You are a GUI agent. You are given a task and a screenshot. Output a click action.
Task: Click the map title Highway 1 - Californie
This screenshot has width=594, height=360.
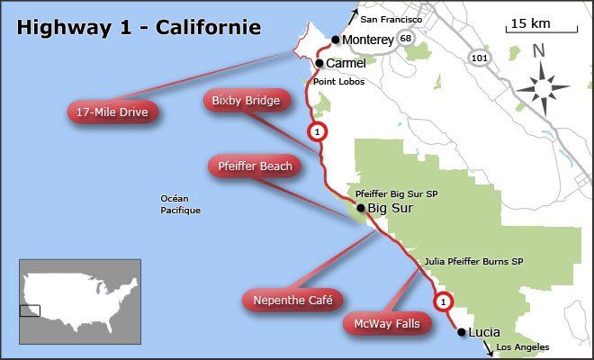(139, 28)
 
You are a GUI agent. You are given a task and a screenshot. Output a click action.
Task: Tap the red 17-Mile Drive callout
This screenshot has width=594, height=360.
(112, 112)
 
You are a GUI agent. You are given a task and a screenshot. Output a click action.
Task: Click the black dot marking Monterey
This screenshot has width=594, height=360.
(335, 40)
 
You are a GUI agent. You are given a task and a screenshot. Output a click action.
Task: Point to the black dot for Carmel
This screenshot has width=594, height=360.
(319, 63)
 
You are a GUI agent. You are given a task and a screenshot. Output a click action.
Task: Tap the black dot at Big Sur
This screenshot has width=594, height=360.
(361, 208)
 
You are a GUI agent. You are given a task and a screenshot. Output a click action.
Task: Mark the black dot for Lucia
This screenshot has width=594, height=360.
(462, 332)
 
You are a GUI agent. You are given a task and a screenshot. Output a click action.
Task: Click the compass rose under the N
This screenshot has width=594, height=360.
(543, 88)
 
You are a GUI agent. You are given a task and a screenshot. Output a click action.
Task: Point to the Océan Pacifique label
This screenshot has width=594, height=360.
(180, 204)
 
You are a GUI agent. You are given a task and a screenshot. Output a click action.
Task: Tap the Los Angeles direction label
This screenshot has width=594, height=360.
(522, 346)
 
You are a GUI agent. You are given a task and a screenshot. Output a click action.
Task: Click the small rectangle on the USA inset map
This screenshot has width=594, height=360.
(30, 310)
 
